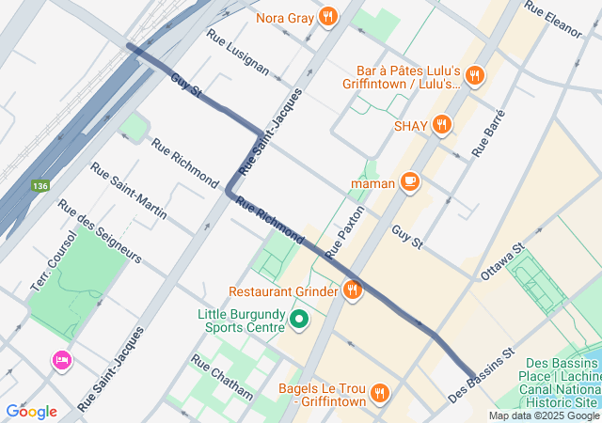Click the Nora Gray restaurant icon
click(328, 16)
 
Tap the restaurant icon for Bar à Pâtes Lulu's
click(475, 76)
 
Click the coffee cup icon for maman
click(409, 181)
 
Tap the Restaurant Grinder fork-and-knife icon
click(353, 290)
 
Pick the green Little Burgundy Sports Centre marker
click(299, 321)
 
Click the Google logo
click(31, 411)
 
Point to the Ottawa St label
click(501, 262)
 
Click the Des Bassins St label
click(483, 375)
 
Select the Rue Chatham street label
click(222, 376)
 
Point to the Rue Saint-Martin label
click(128, 191)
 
